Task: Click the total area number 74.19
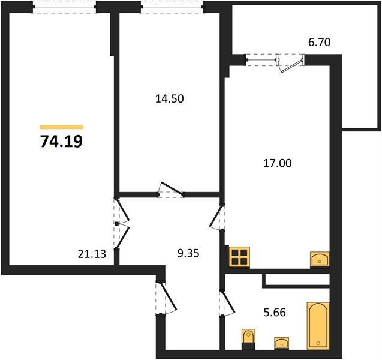[62, 142]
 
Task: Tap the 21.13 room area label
[92, 254]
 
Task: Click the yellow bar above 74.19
[62, 127]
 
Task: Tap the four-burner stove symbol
[240, 257]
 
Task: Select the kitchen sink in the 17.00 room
[320, 259]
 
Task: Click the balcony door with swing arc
[291, 62]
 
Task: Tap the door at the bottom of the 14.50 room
[170, 190]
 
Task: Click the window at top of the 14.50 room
[172, 7]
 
